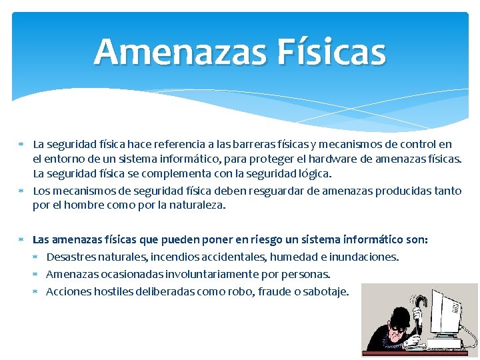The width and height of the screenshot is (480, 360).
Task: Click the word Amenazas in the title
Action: point(172,52)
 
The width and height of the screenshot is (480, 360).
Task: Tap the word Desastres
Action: point(69,257)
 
